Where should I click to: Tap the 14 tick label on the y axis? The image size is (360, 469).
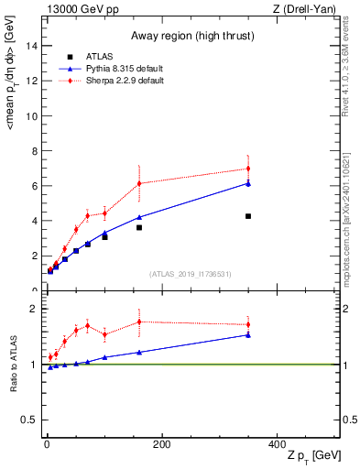[30, 46]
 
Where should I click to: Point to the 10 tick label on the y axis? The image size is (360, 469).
[30, 115]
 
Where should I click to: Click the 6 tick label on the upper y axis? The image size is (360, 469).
[33, 186]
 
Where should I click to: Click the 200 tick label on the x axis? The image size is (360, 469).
[161, 444]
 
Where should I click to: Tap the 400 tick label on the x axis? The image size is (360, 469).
[277, 444]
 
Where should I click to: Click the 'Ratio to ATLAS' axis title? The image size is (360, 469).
[11, 365]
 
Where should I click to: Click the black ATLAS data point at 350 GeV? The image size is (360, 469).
[248, 216]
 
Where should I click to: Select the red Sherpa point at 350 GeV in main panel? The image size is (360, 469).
[248, 169]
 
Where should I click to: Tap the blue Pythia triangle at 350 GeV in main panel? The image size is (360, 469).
[248, 183]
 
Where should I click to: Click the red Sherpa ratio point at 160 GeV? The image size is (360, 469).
[138, 322]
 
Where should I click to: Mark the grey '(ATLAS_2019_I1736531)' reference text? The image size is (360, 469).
[190, 275]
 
